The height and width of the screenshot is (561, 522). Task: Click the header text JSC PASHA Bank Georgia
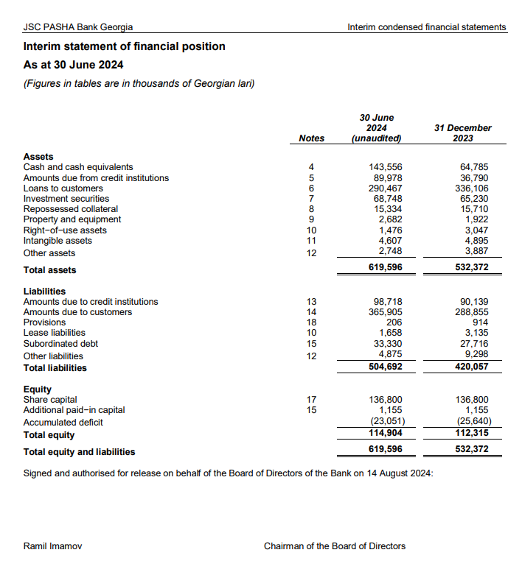click(78, 27)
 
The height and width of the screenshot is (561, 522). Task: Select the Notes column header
click(312, 138)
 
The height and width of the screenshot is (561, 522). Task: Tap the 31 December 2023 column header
click(462, 133)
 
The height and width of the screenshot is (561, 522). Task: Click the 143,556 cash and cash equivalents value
click(386, 168)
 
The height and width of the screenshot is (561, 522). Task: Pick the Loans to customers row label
click(63, 188)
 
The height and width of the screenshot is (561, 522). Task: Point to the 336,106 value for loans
click(473, 188)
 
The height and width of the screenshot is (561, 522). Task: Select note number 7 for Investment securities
click(312, 199)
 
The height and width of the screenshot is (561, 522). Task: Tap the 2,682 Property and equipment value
click(390, 219)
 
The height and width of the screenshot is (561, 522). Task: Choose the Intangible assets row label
click(58, 240)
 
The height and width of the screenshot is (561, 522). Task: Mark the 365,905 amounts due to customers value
click(386, 312)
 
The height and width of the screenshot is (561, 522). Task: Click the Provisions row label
click(44, 322)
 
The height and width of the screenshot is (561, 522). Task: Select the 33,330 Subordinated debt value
click(388, 343)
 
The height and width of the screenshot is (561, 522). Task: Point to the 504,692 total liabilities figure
click(385, 367)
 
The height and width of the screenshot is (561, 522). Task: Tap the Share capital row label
click(50, 400)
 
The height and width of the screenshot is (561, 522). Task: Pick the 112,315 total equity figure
click(472, 434)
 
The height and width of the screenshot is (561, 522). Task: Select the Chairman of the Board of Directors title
click(334, 546)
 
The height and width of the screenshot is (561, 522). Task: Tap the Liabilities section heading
click(44, 292)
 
